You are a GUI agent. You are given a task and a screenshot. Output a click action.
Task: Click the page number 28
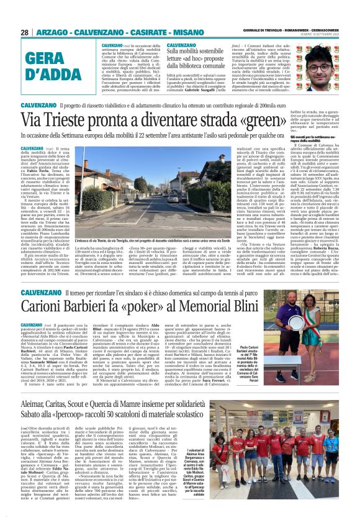(x=25, y=32)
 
